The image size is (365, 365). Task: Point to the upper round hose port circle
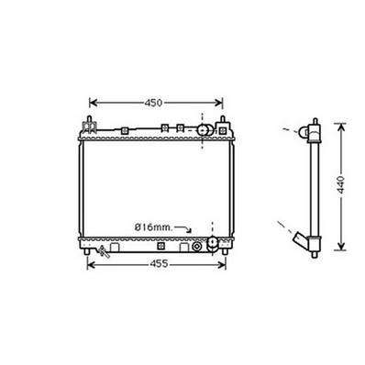pyautogui.click(x=205, y=132)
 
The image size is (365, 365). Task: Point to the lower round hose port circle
pyautogui.click(x=214, y=243)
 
